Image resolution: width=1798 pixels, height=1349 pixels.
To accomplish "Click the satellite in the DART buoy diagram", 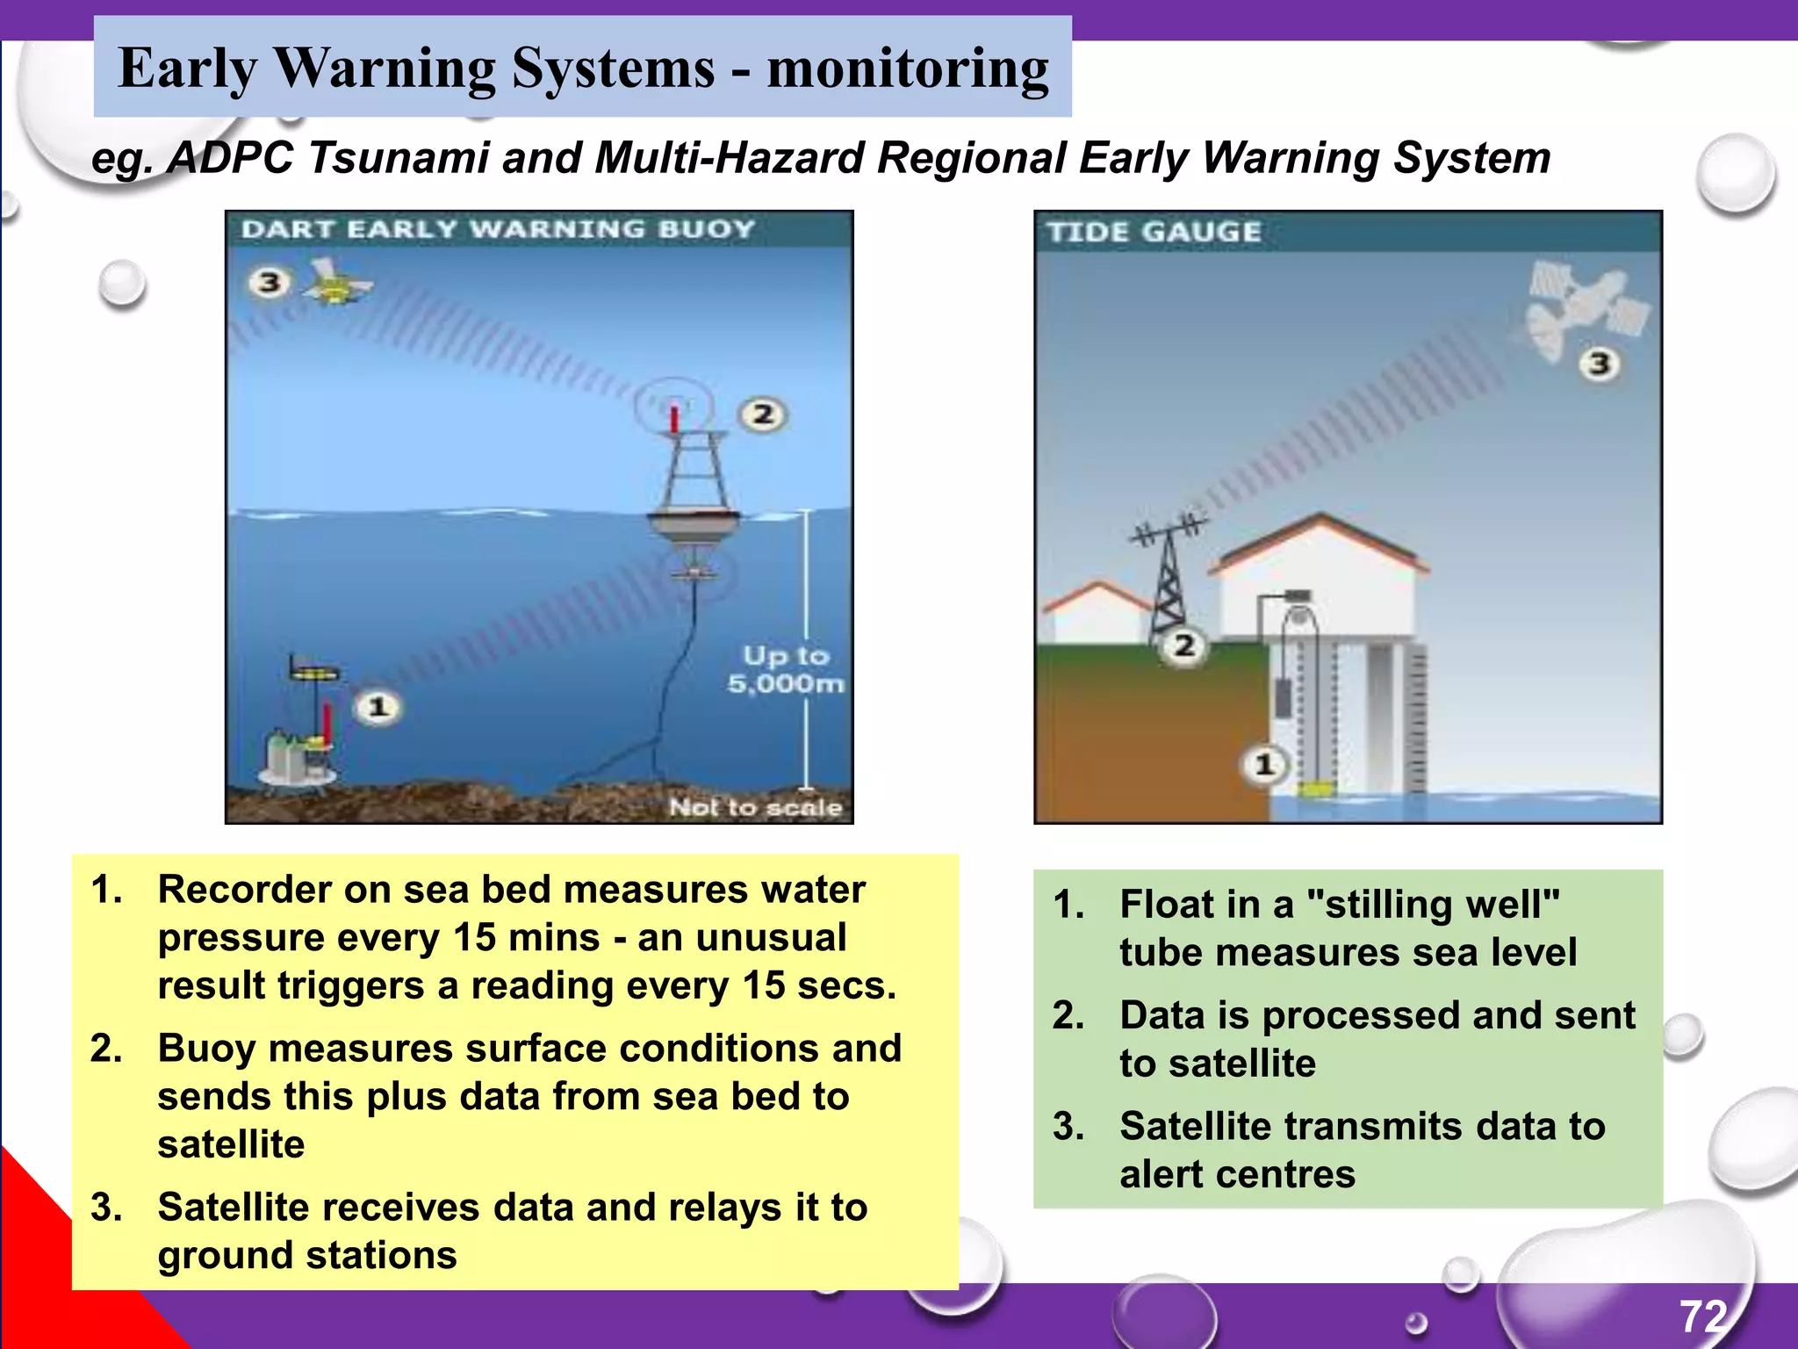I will click(x=337, y=282).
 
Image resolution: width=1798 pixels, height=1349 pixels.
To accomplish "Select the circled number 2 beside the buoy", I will click(x=762, y=414).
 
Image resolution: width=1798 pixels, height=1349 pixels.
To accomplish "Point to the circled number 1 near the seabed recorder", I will click(x=378, y=707).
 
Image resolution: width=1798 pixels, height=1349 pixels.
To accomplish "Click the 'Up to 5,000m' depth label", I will click(x=786, y=669).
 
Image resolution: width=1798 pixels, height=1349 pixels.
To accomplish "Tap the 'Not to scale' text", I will click(x=755, y=807).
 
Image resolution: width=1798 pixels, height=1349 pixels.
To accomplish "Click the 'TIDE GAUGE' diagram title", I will click(x=1154, y=232).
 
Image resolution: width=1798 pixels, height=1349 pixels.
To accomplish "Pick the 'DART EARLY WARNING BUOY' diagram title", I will click(x=498, y=229).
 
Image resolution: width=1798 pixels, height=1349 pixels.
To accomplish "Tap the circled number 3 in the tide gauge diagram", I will click(x=1600, y=364).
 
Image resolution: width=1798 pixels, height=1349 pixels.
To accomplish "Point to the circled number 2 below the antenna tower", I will click(x=1184, y=646).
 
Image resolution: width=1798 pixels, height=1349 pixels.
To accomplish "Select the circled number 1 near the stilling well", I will click(x=1263, y=764).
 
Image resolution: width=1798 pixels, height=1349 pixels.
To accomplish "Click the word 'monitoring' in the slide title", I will click(x=908, y=69).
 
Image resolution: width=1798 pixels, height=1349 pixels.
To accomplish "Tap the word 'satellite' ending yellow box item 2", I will click(x=231, y=1144).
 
